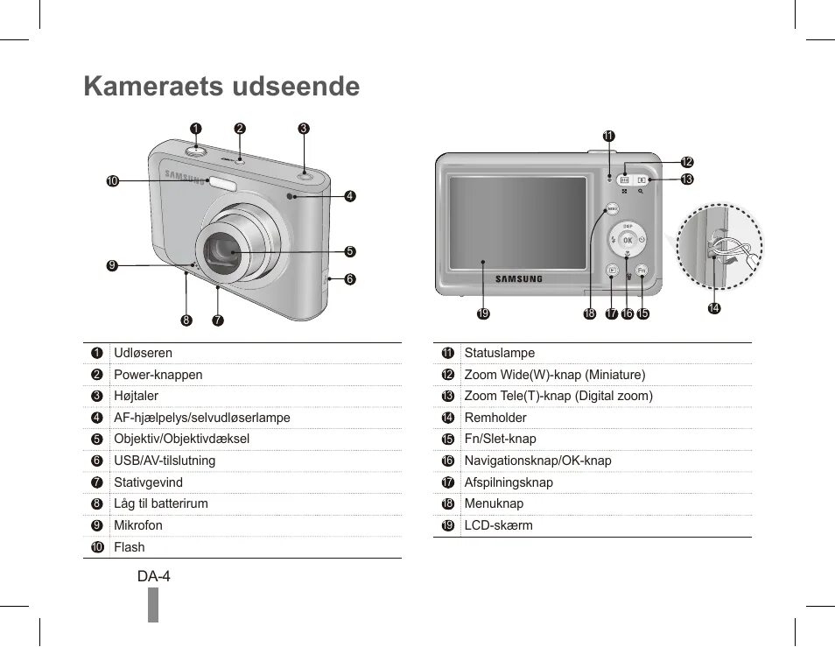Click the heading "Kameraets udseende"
(221, 87)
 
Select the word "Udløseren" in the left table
(143, 353)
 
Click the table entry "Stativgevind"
(149, 482)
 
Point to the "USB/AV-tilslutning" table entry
(165, 461)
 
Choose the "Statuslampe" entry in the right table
(499, 353)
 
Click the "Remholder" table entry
(495, 418)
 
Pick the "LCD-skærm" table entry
(498, 525)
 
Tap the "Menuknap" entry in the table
(494, 503)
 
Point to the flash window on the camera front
(222, 182)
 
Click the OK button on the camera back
(628, 241)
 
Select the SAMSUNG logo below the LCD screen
(520, 279)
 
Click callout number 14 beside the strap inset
(715, 308)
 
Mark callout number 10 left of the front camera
(111, 181)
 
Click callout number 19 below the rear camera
(482, 313)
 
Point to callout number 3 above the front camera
(303, 128)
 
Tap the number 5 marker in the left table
(97, 440)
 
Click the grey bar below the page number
(153, 605)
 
